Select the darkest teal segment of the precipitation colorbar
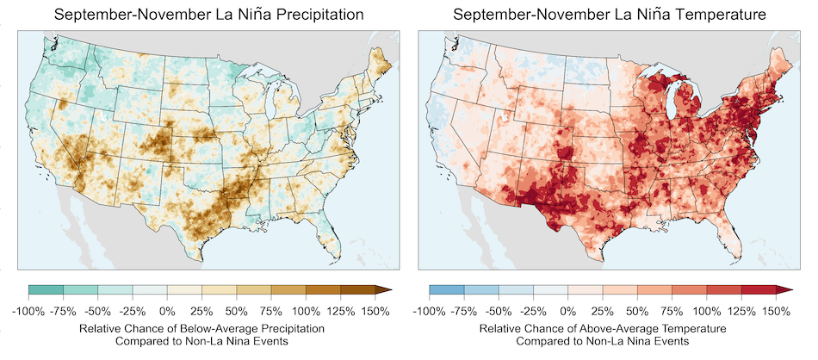tap(46, 290)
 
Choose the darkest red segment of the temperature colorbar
tap(759, 290)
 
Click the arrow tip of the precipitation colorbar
tap(390, 290)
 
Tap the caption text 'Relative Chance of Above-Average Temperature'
tap(602, 329)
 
